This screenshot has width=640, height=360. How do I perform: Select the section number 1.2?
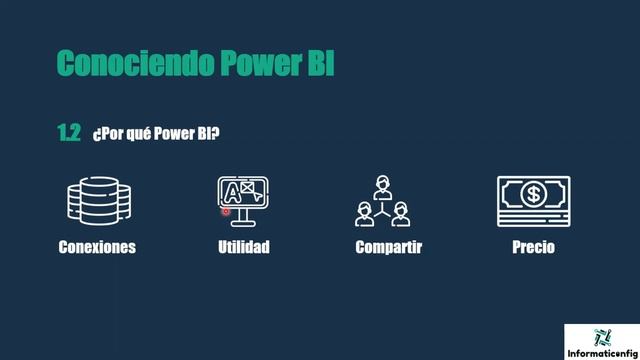click(x=68, y=133)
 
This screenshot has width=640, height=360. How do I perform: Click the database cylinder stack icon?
click(x=99, y=199)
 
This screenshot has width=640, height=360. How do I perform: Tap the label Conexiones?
click(x=97, y=247)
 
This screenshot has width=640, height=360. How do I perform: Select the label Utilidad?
click(x=244, y=247)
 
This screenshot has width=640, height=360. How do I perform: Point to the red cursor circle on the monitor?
click(x=226, y=210)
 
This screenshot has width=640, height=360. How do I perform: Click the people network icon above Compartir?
click(x=381, y=201)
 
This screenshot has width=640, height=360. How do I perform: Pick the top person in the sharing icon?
click(x=381, y=185)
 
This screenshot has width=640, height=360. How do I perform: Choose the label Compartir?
click(x=388, y=247)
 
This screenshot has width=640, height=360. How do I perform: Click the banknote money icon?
click(x=533, y=201)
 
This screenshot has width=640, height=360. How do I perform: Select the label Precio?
click(x=532, y=247)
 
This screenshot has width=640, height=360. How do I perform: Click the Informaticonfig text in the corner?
click(x=602, y=353)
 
